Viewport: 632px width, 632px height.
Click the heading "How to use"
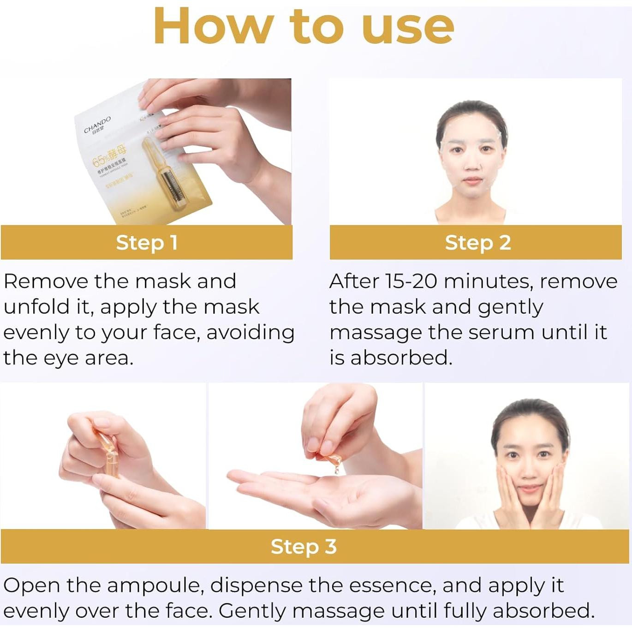(304, 27)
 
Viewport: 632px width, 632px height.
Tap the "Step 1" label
(147, 243)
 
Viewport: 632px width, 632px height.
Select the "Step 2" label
(477, 243)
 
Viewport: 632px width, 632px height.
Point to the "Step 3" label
(304, 547)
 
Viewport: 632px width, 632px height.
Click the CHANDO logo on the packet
(97, 125)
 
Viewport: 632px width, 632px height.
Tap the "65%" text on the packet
(100, 161)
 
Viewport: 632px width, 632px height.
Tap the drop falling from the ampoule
(336, 470)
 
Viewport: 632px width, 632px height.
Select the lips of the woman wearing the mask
(472, 181)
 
